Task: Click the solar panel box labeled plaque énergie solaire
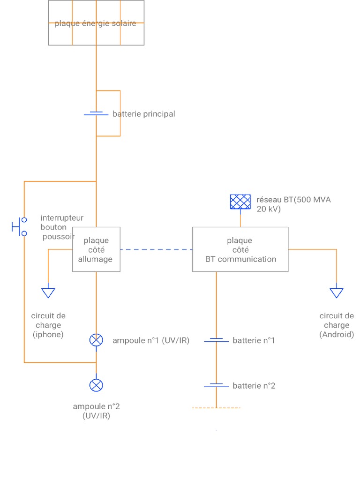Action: point(96,23)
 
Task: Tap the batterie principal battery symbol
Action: point(96,113)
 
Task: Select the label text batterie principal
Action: point(143,114)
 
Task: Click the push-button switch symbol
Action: point(19,226)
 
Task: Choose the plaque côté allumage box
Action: point(96,249)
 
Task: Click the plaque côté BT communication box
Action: point(240,249)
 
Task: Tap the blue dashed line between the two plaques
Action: point(156,249)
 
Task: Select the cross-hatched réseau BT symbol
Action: point(240,202)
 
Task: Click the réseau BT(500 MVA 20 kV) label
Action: point(293,204)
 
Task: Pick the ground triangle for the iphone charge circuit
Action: point(48,292)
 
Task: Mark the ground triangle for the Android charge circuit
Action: point(336,292)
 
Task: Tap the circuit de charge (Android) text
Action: point(337,325)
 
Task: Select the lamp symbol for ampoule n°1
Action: point(96,340)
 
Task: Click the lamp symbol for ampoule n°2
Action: point(96,385)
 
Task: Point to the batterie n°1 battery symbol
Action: point(216,340)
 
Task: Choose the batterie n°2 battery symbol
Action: point(216,385)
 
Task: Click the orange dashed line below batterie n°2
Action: point(216,408)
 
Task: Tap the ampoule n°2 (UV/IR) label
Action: point(96,411)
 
